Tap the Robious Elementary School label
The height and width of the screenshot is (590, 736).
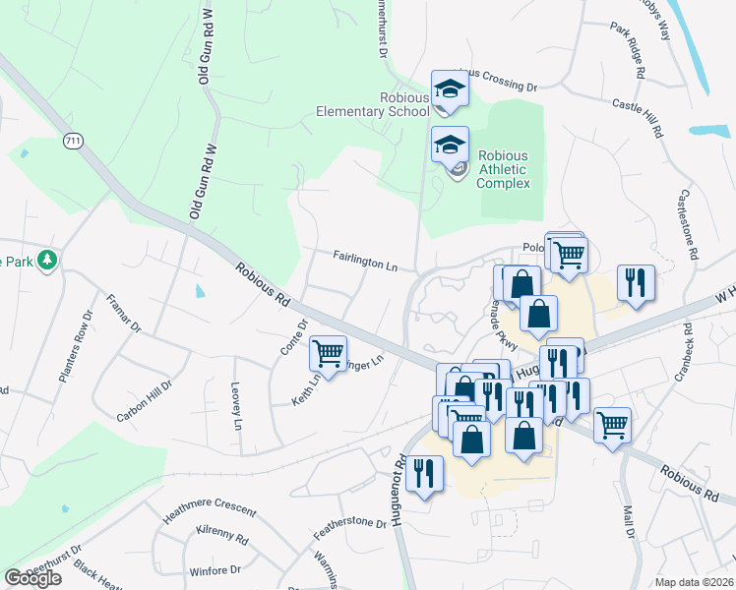(x=374, y=105)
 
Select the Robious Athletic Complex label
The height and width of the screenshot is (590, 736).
(x=503, y=169)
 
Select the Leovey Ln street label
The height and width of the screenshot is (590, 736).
(x=236, y=406)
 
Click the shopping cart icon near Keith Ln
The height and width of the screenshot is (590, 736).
(x=327, y=352)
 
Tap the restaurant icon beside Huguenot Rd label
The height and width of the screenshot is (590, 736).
(x=425, y=471)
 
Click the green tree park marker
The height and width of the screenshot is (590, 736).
(x=46, y=261)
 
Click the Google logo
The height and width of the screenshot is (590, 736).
(x=32, y=578)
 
